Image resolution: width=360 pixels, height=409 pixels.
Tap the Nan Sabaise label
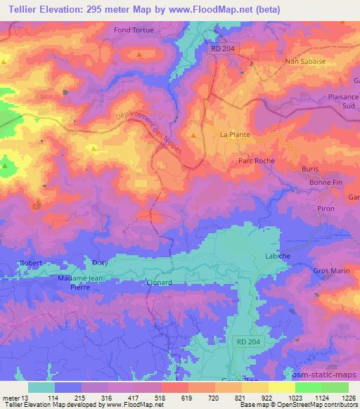click(x=302, y=62)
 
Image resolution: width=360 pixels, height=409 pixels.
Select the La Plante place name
click(x=236, y=134)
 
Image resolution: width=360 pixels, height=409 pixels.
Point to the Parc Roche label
click(x=252, y=161)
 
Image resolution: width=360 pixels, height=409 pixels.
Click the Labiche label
click(x=277, y=256)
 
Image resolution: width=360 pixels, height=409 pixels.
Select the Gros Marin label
click(x=330, y=271)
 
